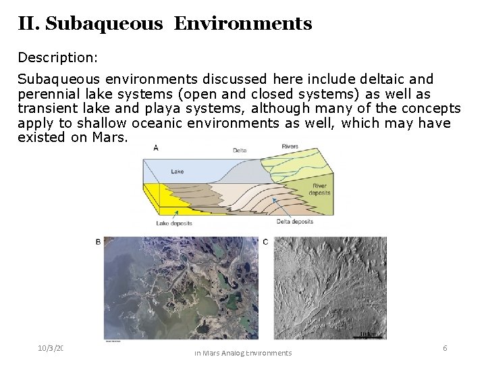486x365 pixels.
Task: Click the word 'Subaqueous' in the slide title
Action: [104, 24]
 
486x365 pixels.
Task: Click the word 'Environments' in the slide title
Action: [242, 24]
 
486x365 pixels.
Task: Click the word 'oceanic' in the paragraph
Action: [159, 123]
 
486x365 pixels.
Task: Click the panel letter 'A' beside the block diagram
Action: [157, 147]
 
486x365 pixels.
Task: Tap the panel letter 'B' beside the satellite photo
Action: [99, 242]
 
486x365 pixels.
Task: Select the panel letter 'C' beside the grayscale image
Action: [265, 242]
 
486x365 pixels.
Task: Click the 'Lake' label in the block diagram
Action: [177, 172]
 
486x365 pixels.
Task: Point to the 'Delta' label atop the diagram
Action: [240, 151]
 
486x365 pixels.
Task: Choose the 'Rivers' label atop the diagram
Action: [290, 145]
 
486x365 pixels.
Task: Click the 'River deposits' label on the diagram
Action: [319, 189]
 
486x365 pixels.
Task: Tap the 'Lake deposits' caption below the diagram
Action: [174, 223]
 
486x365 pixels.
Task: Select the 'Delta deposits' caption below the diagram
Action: [294, 222]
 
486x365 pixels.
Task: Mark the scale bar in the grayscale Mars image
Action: [368, 335]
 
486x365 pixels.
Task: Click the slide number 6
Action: [445, 347]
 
